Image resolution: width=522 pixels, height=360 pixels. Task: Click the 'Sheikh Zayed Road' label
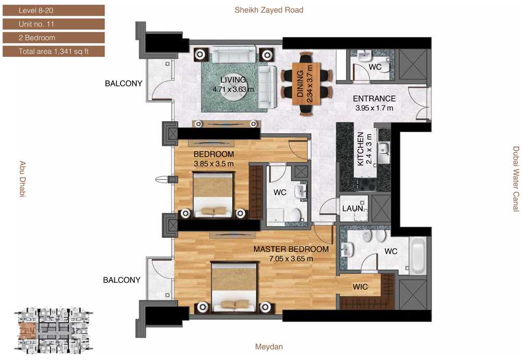pyautogui.click(x=269, y=10)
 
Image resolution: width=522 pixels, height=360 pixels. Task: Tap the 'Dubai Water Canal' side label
pyautogui.click(x=516, y=178)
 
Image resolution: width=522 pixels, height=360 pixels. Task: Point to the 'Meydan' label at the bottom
pyautogui.click(x=269, y=346)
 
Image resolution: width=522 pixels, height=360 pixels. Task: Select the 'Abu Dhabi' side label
pyautogui.click(x=22, y=179)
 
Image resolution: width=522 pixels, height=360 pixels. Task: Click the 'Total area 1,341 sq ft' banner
pyautogui.click(x=54, y=51)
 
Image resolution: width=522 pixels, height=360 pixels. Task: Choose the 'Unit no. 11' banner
pyautogui.click(x=54, y=24)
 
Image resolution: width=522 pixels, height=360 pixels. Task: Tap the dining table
pyautogui.click(x=306, y=83)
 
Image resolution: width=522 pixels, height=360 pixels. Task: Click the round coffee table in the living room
pyautogui.click(x=234, y=89)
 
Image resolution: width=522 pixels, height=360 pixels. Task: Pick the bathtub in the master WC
pyautogui.click(x=418, y=255)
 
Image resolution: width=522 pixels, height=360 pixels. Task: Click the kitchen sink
pyautogui.click(x=384, y=152)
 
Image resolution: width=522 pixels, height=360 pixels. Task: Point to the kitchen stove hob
pyautogui.click(x=367, y=184)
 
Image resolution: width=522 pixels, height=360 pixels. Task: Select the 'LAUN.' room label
pyautogui.click(x=353, y=209)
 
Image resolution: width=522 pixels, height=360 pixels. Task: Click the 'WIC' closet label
pyautogui.click(x=360, y=287)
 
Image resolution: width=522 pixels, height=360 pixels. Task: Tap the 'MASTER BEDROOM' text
pyautogui.click(x=291, y=249)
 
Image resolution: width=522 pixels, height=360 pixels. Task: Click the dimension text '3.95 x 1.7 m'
pyautogui.click(x=374, y=108)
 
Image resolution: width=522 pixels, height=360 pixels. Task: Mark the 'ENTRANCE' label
pyautogui.click(x=374, y=99)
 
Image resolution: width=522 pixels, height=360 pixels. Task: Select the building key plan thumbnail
pyautogui.click(x=53, y=330)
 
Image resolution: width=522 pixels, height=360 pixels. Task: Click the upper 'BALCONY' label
pyautogui.click(x=124, y=83)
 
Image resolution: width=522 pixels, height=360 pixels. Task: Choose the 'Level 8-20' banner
pyautogui.click(x=54, y=10)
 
